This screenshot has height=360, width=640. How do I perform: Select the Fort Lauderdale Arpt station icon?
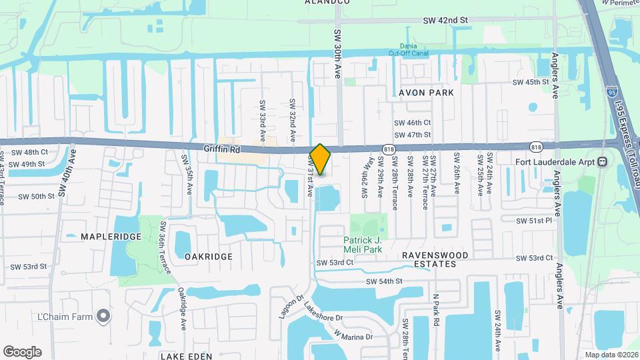coord(602,161)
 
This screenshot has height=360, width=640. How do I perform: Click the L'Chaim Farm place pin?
coord(103,316)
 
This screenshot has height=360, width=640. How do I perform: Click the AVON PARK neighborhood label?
coord(426,93)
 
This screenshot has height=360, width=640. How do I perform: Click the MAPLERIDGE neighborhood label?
coord(107,237)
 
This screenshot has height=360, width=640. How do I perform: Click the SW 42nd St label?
coord(445,21)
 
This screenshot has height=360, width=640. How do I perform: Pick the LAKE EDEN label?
coord(186,356)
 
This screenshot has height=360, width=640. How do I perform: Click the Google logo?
coord(22,351)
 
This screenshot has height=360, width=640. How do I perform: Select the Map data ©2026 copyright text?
coord(611,354)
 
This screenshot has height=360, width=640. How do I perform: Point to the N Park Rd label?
coord(436,310)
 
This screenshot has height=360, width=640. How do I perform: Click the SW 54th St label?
coord(384,282)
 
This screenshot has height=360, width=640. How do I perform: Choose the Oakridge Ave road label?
coord(181,309)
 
